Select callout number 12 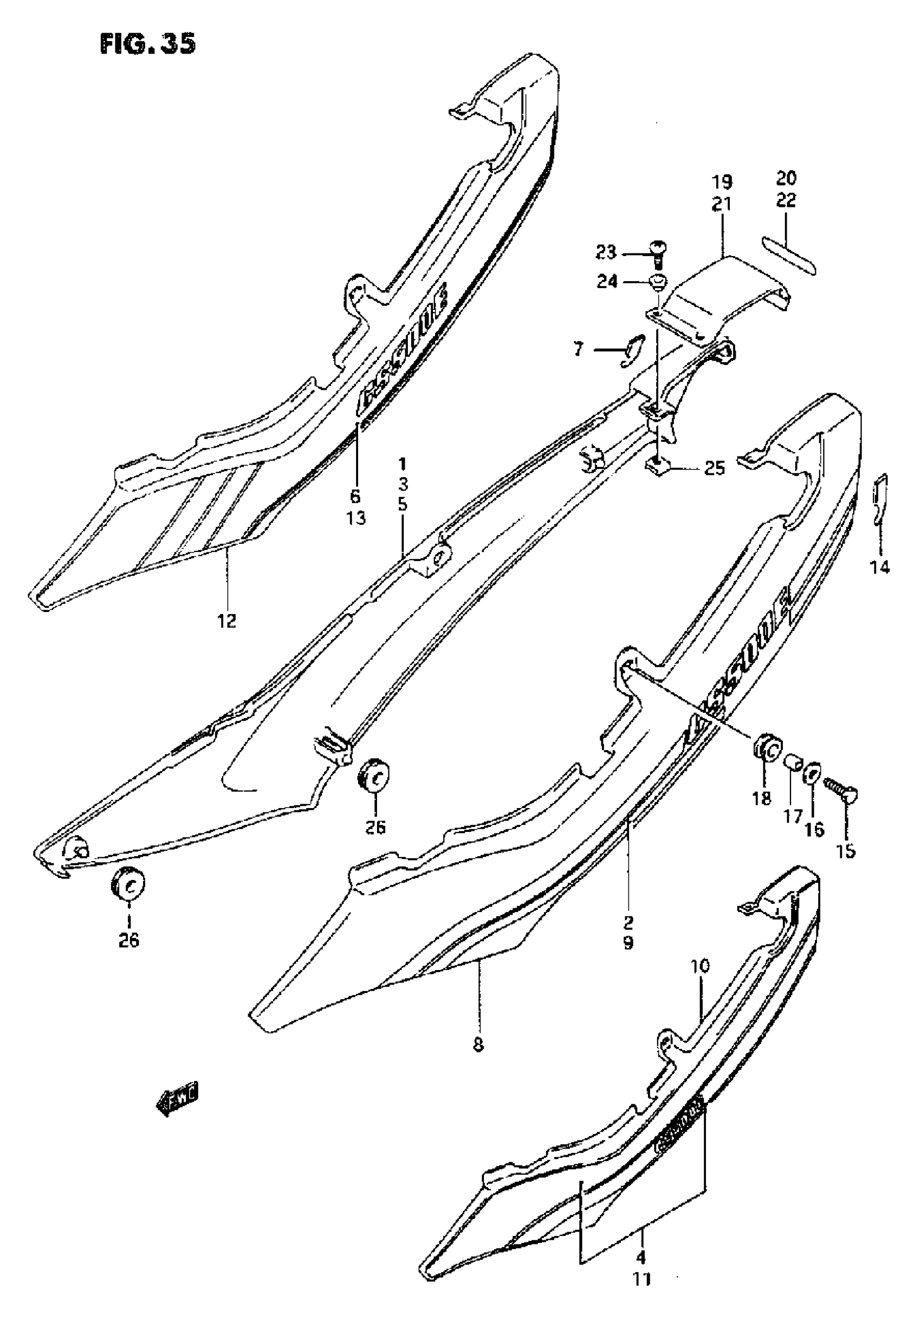tap(227, 621)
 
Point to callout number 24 tap(606, 282)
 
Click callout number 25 tap(715, 467)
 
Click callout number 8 tap(478, 1044)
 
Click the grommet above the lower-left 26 tap(128, 885)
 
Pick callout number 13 tap(356, 519)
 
